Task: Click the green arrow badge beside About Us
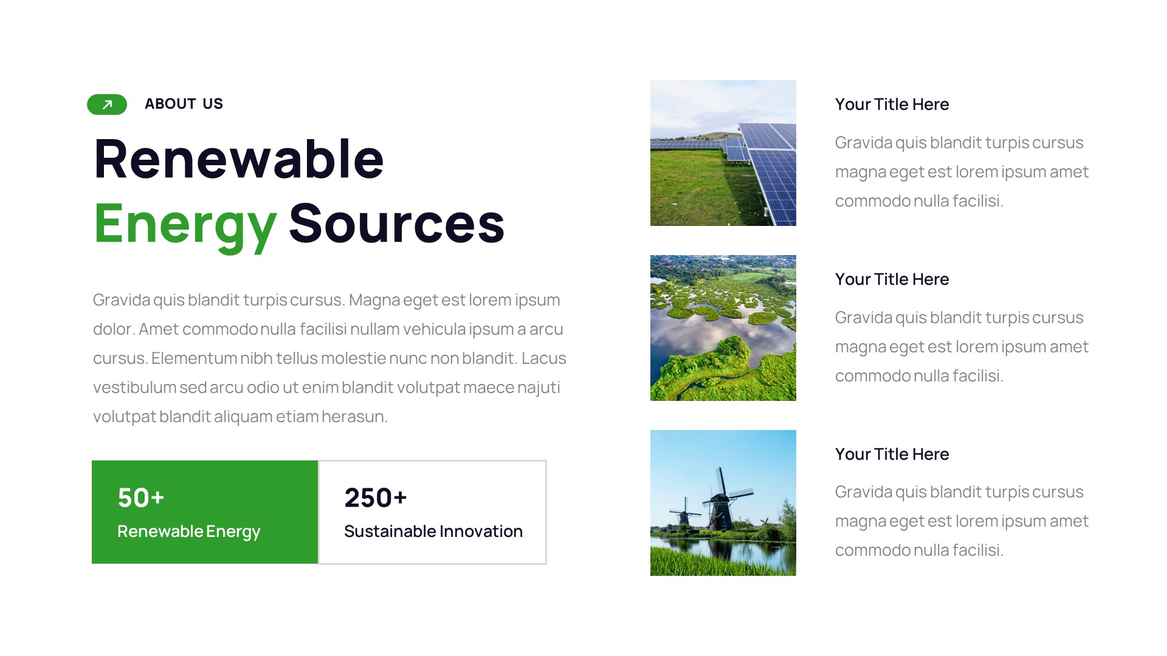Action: click(x=107, y=104)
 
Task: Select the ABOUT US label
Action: click(x=184, y=104)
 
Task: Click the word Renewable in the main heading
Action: click(x=239, y=159)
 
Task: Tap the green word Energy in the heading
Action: click(x=185, y=224)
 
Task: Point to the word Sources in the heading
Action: click(x=396, y=224)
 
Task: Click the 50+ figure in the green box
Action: click(x=141, y=497)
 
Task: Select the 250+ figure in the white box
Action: click(x=375, y=497)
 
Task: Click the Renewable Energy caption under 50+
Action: click(x=188, y=531)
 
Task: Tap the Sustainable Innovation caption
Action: click(x=433, y=531)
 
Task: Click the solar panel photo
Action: click(x=723, y=153)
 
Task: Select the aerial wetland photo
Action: click(x=723, y=328)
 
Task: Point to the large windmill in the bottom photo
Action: click(x=721, y=499)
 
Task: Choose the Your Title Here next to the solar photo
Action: click(x=892, y=104)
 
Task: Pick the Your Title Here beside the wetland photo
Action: click(x=892, y=279)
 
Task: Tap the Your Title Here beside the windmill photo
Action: click(x=892, y=454)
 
